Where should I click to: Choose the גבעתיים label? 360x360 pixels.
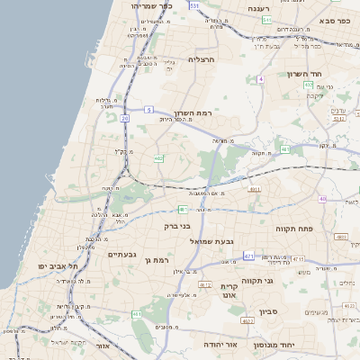coord(121,255)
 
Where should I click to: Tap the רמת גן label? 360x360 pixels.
coord(156,260)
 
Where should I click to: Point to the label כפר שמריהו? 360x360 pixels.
coord(145,5)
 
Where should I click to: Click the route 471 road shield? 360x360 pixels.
coord(249,256)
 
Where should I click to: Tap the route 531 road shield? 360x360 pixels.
coord(195,4)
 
